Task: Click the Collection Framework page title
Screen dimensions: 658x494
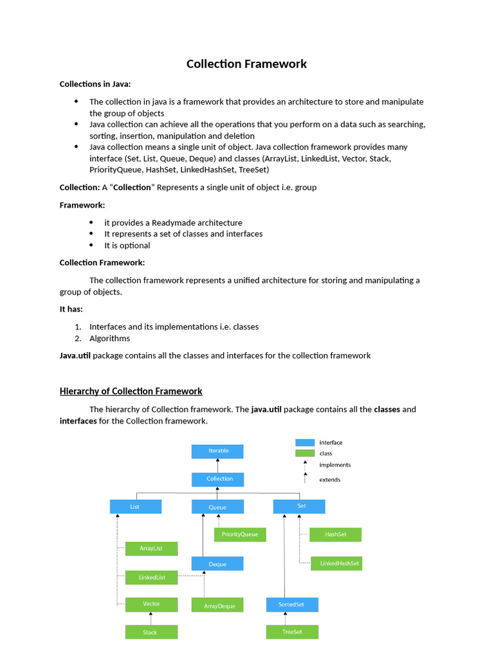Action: coord(246,64)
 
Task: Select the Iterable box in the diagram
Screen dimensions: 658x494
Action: coord(217,451)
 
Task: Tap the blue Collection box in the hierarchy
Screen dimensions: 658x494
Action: coord(217,479)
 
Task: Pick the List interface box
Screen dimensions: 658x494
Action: coord(135,507)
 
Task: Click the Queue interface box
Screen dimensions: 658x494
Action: coord(217,507)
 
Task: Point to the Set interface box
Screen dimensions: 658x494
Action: coord(299,506)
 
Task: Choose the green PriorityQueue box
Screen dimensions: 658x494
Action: coord(240,535)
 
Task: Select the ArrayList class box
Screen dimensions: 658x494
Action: coord(151,549)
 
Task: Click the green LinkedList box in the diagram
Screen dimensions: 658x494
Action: coord(151,578)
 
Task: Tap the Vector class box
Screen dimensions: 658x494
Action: coord(151,604)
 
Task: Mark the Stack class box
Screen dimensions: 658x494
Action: coord(151,632)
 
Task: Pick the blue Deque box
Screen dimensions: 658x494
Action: coord(217,564)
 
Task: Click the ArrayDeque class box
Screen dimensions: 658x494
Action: coord(217,605)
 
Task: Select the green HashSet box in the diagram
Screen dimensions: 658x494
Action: coord(336,535)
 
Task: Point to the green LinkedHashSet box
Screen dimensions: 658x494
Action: coord(336,564)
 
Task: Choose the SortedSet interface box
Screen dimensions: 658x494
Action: coord(293,605)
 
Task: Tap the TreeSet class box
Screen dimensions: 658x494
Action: coord(293,632)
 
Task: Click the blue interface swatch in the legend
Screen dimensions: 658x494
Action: coord(305,443)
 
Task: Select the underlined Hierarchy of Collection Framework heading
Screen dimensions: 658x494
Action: coord(131,391)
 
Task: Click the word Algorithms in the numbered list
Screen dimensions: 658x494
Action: coord(109,339)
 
